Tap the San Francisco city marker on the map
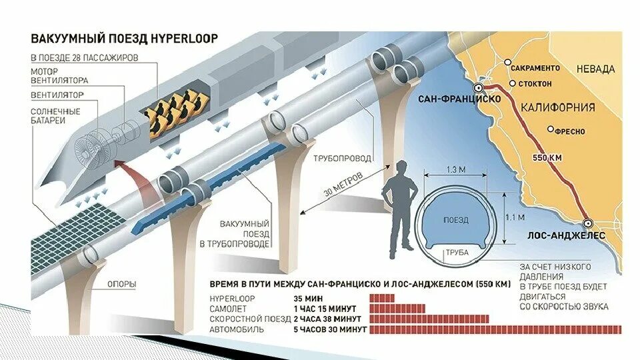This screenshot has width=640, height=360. (479, 88)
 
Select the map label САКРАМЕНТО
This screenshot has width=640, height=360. (536, 68)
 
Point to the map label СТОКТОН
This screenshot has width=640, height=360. (535, 83)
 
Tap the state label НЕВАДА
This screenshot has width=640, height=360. (596, 69)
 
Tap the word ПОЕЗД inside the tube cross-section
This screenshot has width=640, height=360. (456, 219)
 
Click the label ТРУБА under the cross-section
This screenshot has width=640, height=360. (456, 253)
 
